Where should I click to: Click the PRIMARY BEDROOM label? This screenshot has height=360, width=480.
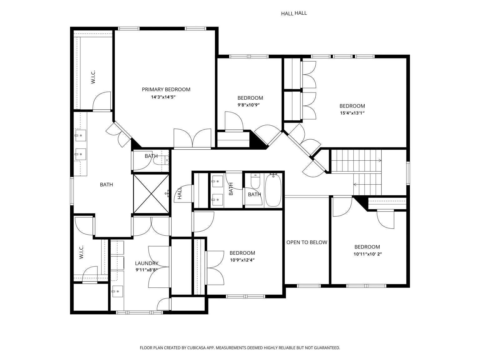(x=166, y=89)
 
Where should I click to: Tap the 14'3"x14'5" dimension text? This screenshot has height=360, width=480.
(x=163, y=97)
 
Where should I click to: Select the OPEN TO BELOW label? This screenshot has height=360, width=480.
(x=307, y=242)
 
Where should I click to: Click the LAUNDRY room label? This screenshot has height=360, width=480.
(x=147, y=263)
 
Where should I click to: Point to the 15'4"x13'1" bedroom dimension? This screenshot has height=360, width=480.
(x=352, y=113)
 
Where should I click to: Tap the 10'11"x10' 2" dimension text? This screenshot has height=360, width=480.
(x=368, y=254)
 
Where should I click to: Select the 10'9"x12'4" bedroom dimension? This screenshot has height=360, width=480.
(x=242, y=260)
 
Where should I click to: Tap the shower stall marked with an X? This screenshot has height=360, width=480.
(x=151, y=194)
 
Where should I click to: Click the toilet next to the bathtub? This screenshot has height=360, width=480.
(x=255, y=181)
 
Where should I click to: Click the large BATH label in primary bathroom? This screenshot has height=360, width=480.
(x=106, y=185)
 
